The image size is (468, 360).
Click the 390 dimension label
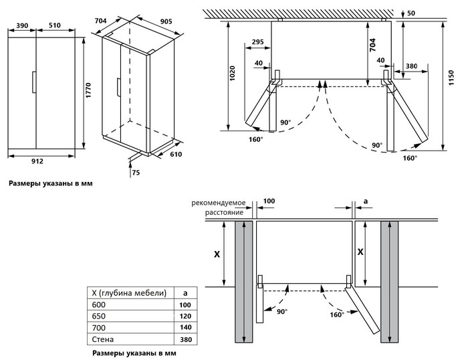[21, 25]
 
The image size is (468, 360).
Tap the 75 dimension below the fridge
[136, 172]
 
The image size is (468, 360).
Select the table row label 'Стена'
[102, 340]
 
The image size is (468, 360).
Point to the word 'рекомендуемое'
[219, 202]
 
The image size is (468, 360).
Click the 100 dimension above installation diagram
[269, 201]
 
